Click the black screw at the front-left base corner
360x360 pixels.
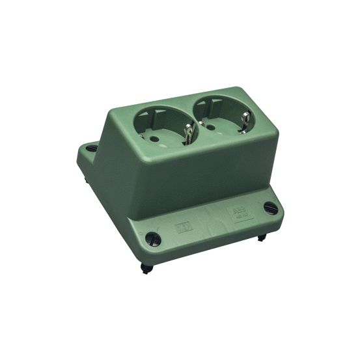tap(152, 238)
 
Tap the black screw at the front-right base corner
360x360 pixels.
tap(270, 208)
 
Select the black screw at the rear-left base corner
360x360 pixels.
tap(92, 148)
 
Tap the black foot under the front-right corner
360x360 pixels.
tap(261, 238)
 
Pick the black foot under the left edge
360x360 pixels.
tap(87, 177)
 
